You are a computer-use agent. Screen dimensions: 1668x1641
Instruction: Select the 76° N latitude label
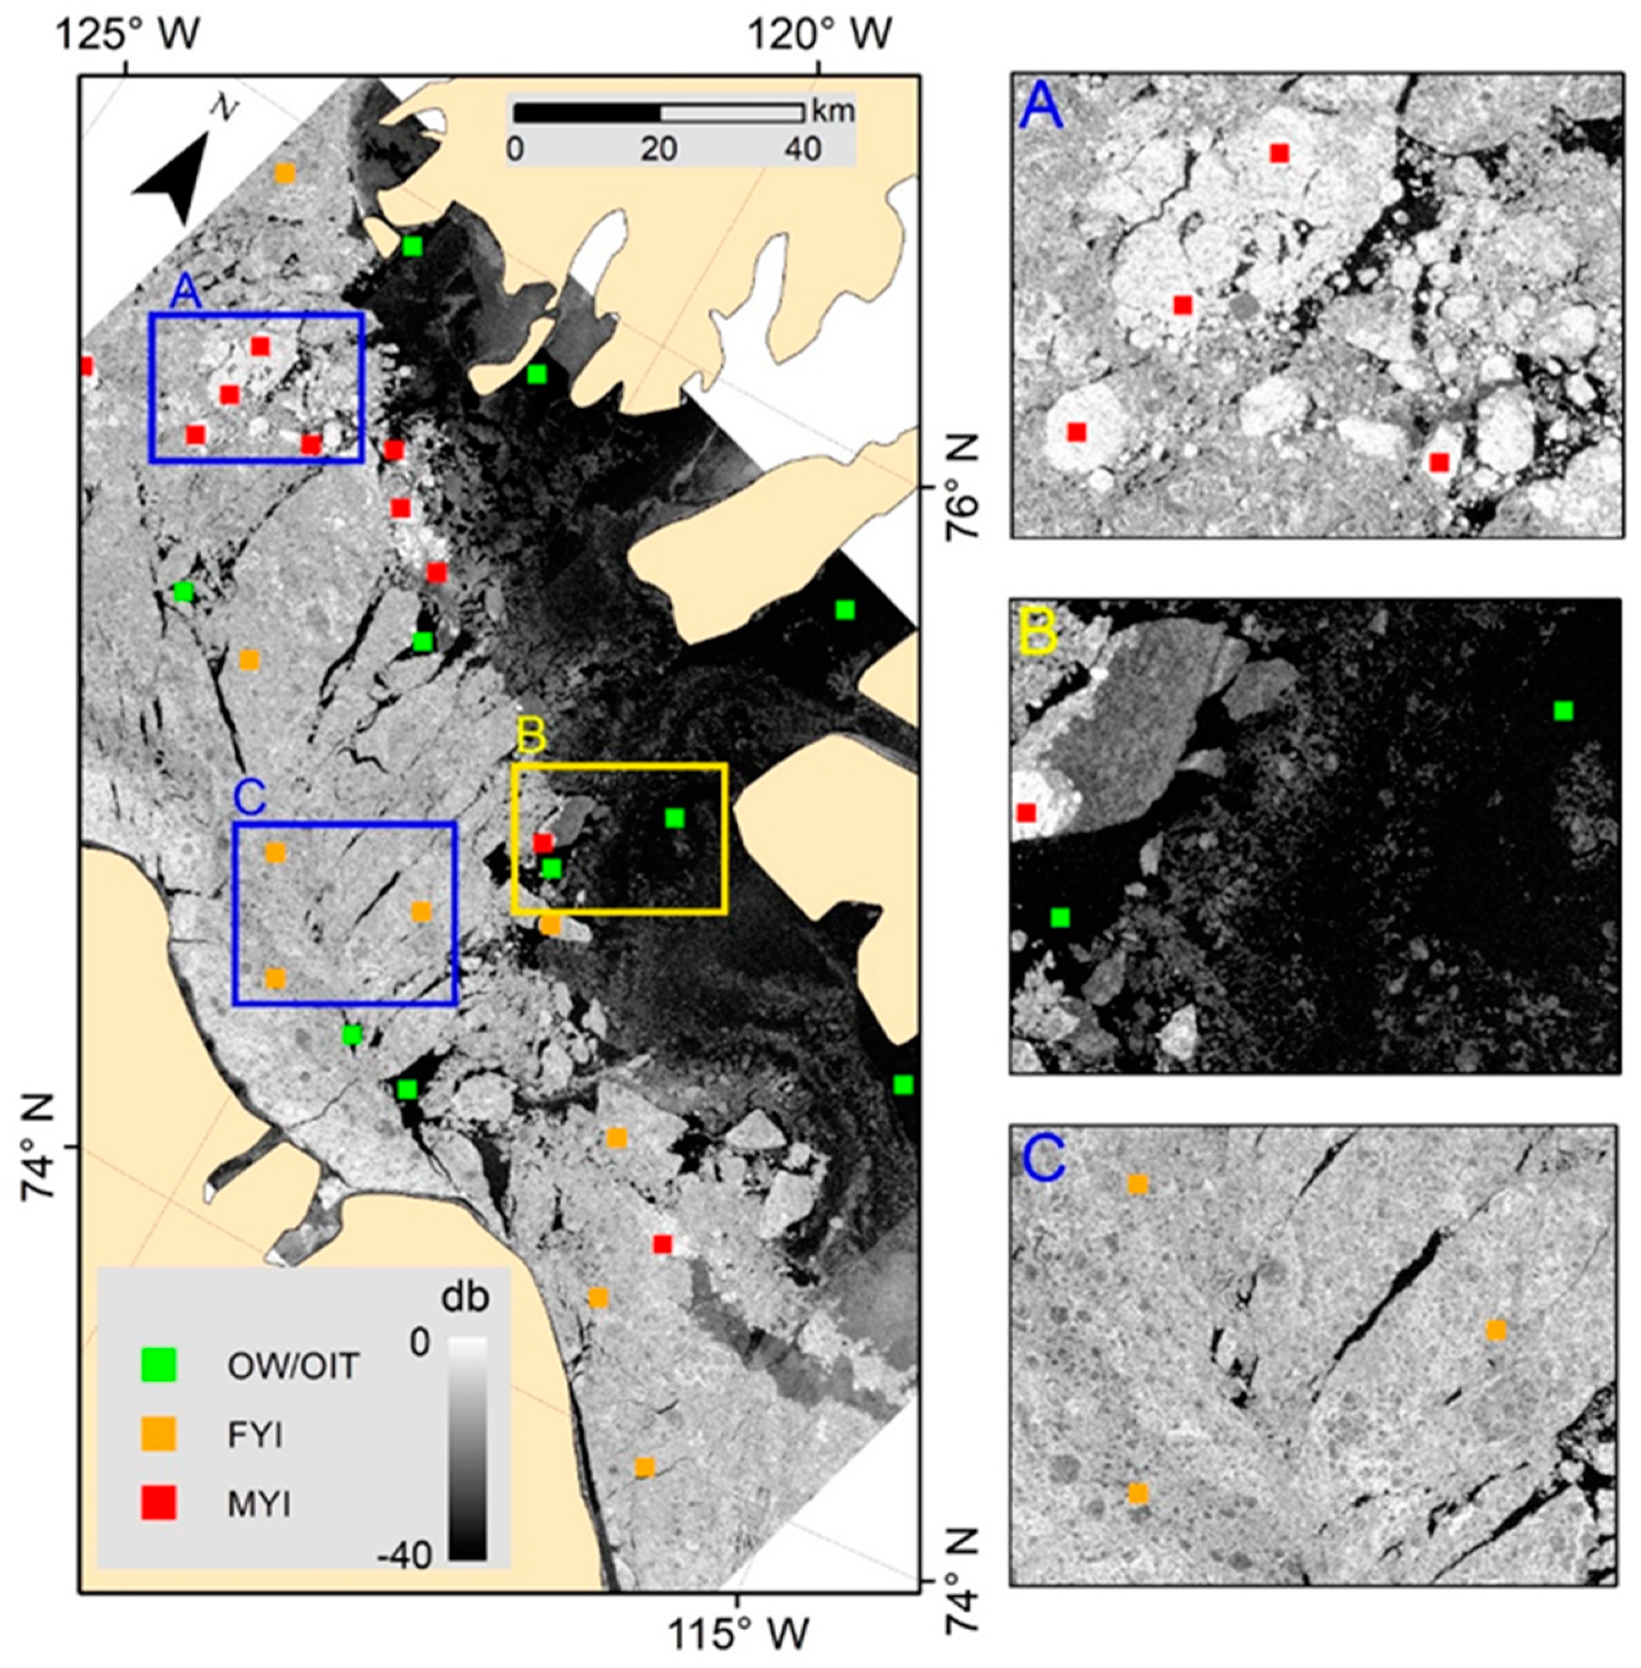click(x=963, y=487)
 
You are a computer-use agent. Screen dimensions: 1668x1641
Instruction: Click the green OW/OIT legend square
click(x=159, y=1365)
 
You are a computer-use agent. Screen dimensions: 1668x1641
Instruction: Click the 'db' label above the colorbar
click(x=465, y=1297)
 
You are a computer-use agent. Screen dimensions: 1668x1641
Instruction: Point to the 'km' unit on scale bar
click(x=833, y=111)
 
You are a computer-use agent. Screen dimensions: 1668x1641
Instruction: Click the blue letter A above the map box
click(x=186, y=293)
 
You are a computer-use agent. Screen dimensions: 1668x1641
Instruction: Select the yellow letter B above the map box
click(x=531, y=738)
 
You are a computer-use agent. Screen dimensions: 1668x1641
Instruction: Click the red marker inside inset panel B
click(x=1026, y=812)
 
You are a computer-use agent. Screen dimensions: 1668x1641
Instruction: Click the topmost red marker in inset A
click(x=1279, y=153)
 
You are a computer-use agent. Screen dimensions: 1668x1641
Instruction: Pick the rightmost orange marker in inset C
click(x=1496, y=1330)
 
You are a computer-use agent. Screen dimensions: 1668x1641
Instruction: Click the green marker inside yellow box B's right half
click(x=675, y=817)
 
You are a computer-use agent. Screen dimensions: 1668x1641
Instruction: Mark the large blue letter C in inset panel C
click(x=1044, y=1160)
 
